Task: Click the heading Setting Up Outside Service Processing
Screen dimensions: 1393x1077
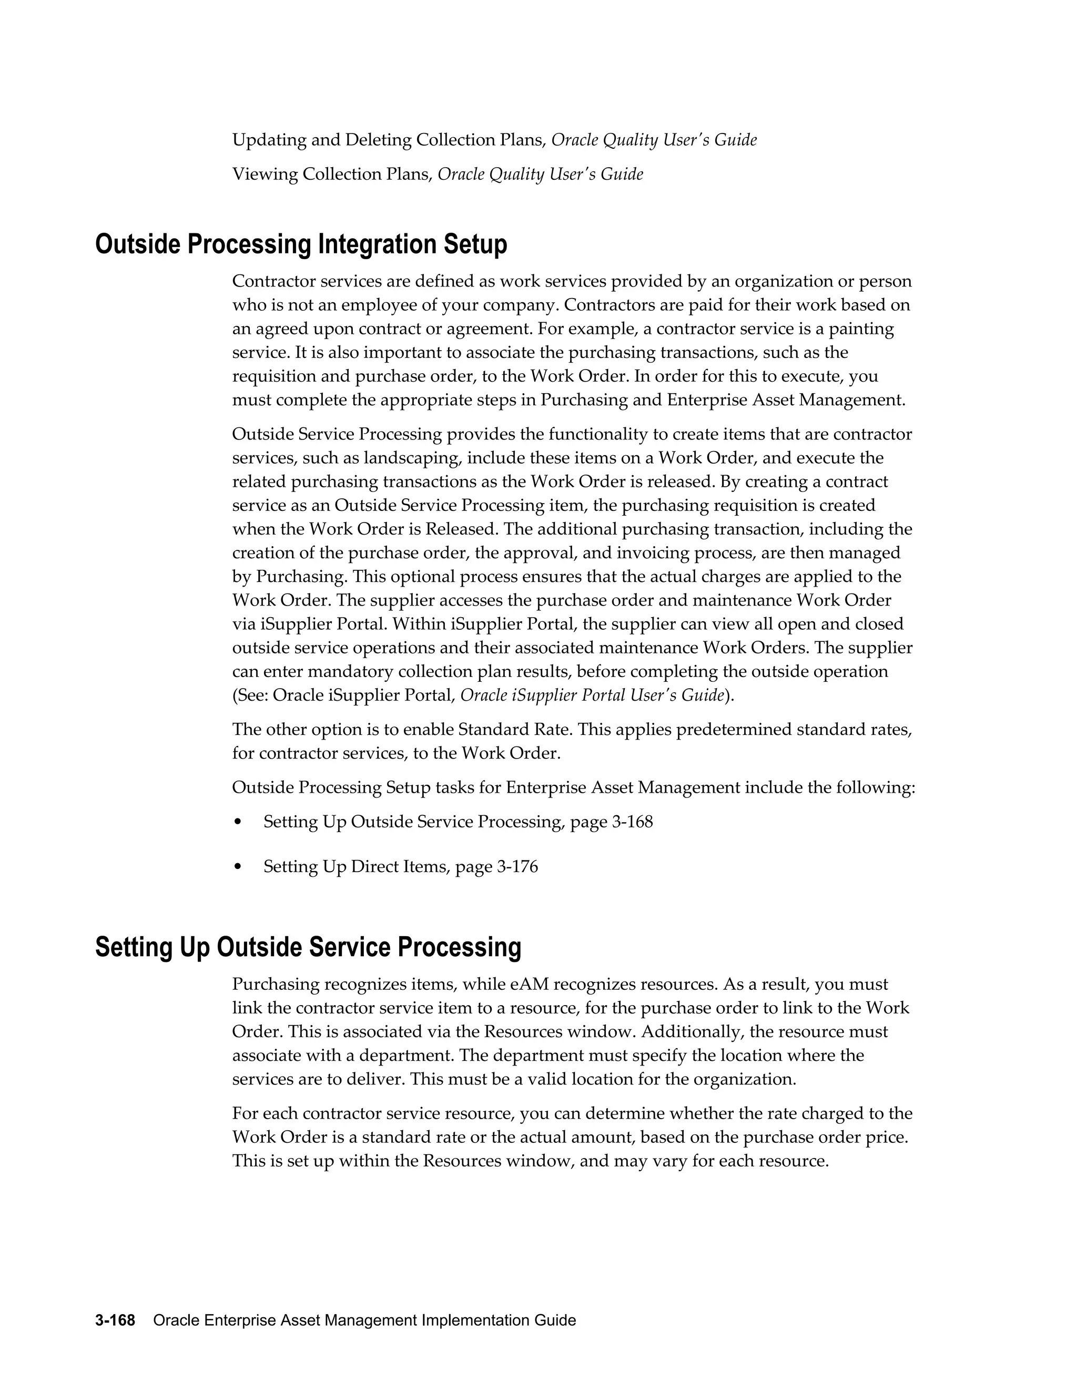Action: coord(308,947)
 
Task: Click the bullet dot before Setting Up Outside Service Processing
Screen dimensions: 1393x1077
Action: coord(238,822)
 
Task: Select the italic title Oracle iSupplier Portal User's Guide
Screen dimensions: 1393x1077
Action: coord(592,695)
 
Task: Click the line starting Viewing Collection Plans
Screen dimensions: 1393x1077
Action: coord(437,174)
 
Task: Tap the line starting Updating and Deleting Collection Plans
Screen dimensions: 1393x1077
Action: coord(494,140)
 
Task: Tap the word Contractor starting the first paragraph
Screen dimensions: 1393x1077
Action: coord(272,281)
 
